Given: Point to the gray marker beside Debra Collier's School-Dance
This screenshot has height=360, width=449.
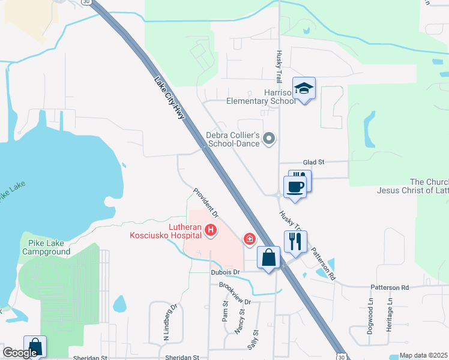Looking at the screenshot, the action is (x=270, y=139).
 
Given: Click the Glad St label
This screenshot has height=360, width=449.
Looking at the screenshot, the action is (x=313, y=162).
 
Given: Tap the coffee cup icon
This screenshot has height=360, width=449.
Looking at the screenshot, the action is (x=294, y=187).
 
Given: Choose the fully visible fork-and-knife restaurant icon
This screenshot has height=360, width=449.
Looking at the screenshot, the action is (x=294, y=242).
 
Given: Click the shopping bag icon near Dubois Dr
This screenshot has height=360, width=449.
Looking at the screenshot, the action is (x=269, y=258).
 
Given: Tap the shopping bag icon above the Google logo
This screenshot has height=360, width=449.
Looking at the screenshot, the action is (x=35, y=346).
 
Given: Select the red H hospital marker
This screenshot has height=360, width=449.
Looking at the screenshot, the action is (x=210, y=229).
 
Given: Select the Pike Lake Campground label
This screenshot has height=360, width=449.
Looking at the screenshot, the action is (x=46, y=247).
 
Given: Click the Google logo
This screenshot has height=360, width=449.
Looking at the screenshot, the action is (x=20, y=353).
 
